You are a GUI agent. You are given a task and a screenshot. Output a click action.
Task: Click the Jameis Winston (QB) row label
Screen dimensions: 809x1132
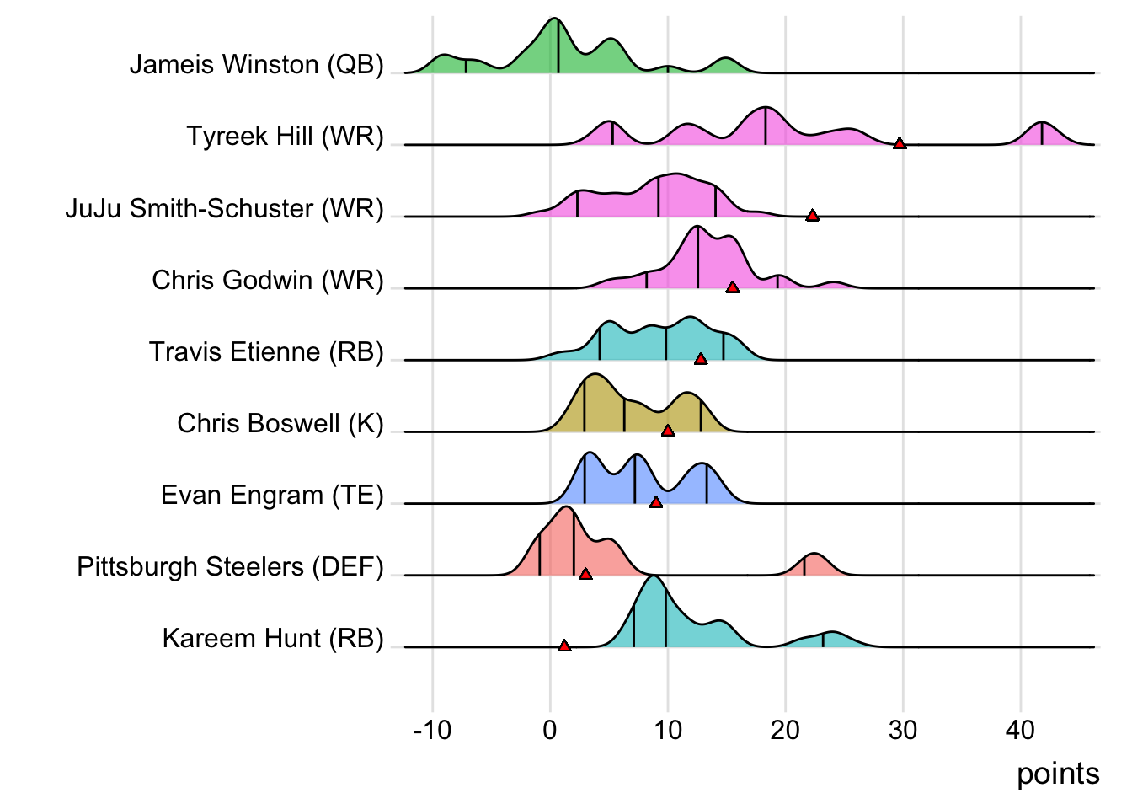click(x=256, y=65)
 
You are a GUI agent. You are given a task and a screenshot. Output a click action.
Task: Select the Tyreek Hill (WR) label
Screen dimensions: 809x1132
click(x=285, y=137)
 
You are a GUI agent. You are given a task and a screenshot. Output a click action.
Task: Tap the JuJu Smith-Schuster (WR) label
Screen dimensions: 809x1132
click(x=224, y=208)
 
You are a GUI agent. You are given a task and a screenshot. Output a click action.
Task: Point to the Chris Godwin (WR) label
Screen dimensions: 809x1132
click(x=267, y=280)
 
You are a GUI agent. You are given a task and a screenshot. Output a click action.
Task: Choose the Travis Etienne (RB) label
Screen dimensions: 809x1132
click(x=266, y=351)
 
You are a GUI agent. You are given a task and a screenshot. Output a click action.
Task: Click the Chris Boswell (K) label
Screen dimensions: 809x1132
click(x=280, y=423)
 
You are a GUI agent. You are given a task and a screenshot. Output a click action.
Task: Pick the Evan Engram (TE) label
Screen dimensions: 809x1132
click(x=272, y=495)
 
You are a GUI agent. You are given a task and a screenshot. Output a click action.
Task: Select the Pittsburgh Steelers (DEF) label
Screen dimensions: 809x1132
click(x=230, y=566)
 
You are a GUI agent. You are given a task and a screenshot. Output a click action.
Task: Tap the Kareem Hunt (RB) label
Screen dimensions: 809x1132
click(x=273, y=638)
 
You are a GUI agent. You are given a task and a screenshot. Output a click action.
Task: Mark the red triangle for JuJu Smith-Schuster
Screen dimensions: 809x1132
click(x=812, y=216)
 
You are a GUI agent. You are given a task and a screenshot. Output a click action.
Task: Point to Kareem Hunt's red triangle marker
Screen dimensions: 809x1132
click(x=564, y=646)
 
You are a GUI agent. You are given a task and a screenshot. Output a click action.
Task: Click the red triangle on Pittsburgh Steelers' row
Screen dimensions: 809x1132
click(x=585, y=574)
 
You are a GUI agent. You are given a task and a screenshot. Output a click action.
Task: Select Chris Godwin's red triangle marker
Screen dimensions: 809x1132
click(x=733, y=287)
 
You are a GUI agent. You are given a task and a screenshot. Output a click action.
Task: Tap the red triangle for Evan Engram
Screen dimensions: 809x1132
click(x=656, y=502)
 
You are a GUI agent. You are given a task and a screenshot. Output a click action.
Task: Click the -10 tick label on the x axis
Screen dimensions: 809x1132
click(x=432, y=730)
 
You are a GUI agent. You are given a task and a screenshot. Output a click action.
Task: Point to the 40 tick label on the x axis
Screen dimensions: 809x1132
click(x=1020, y=730)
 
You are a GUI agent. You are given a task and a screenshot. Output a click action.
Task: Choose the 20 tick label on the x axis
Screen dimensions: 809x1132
click(x=785, y=730)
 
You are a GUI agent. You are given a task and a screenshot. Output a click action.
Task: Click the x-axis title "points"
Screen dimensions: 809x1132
click(x=1058, y=774)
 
